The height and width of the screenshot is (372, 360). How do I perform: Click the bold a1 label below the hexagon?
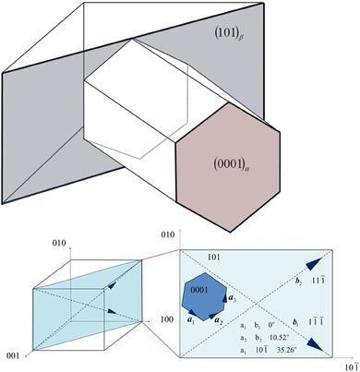click(x=188, y=320)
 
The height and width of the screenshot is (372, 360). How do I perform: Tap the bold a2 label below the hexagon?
click(x=218, y=320)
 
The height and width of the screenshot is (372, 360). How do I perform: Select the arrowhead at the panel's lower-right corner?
click(x=317, y=343)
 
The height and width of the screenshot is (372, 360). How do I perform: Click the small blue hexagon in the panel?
click(x=203, y=292)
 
